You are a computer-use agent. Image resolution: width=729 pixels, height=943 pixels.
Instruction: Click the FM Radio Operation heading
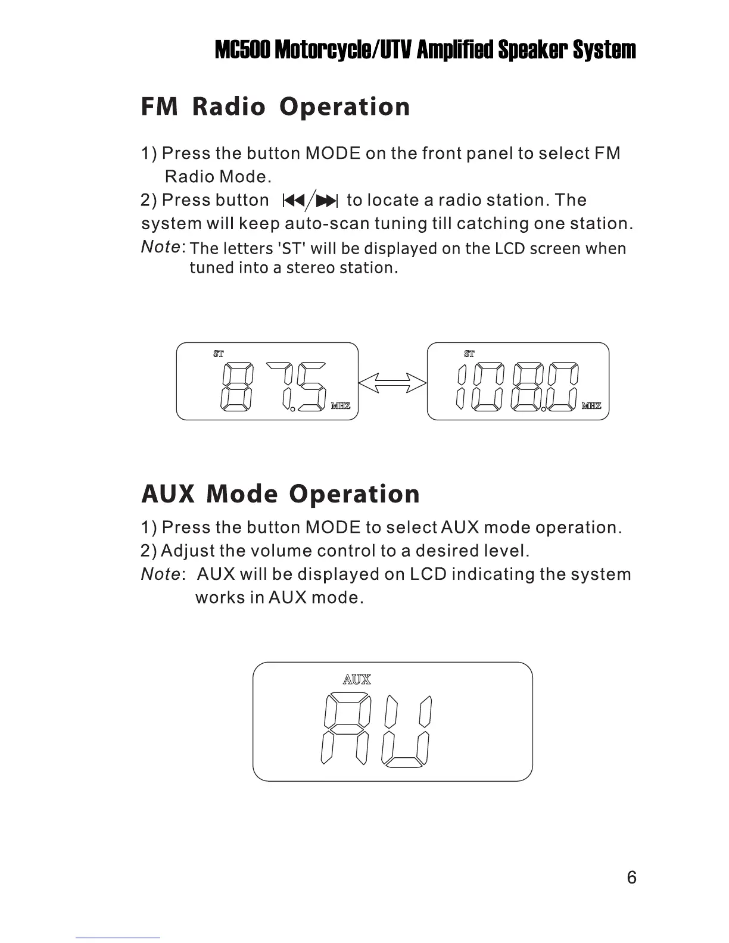275,107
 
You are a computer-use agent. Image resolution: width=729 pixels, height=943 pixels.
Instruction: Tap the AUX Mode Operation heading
280,494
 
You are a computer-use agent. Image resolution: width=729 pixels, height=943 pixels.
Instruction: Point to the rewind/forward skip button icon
310,201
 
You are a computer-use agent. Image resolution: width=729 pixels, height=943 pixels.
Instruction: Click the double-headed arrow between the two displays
392,382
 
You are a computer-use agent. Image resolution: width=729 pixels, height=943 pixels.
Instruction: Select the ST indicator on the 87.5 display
219,354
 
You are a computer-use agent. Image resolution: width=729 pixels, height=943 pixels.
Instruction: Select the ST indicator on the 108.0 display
469,354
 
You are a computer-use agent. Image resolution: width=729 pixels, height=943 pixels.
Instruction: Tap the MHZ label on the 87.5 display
341,406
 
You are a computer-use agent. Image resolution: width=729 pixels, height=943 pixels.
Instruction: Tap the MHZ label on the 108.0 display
591,406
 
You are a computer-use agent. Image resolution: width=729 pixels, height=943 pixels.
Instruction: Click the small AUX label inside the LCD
357,679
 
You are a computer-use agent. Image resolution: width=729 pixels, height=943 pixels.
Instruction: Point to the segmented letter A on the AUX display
345,730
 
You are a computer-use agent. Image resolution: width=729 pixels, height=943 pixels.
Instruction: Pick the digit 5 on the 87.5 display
311,386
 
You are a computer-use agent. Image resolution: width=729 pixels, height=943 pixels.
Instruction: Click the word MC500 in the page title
243,50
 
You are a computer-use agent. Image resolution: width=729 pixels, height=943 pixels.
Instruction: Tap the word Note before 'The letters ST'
161,246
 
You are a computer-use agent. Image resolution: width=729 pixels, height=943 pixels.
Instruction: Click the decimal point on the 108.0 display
544,409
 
